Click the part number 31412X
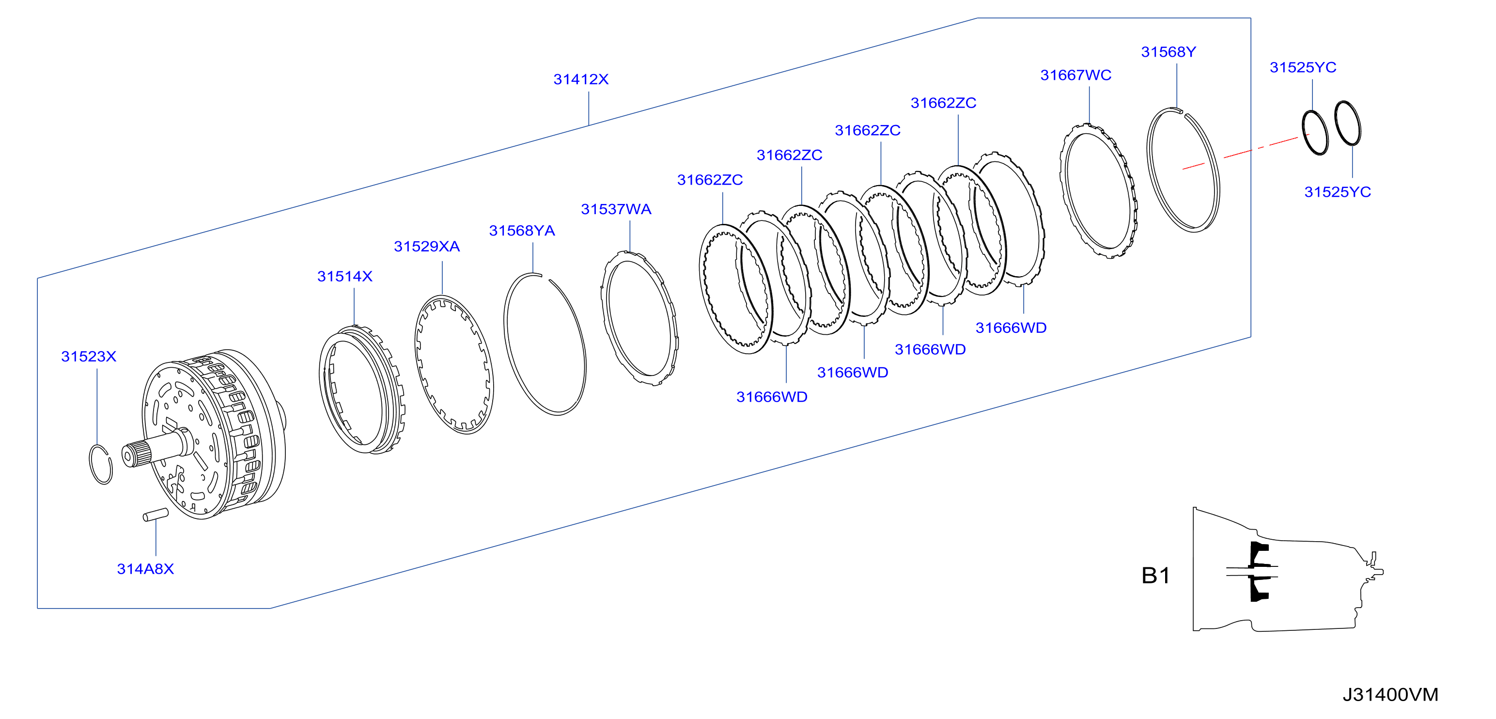point(581,79)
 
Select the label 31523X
point(89,357)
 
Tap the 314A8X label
point(145,569)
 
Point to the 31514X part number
point(345,277)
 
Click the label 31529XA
point(427,247)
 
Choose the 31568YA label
point(522,231)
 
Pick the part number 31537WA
point(616,210)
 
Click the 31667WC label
point(1075,76)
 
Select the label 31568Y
point(1169,52)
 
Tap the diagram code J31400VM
point(1390,695)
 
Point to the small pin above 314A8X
point(156,515)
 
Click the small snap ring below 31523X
point(100,464)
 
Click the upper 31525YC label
point(1303,68)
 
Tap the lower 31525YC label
point(1338,192)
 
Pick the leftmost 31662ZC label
point(710,180)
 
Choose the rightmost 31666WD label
point(1011,328)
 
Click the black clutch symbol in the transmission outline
point(1259,572)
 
